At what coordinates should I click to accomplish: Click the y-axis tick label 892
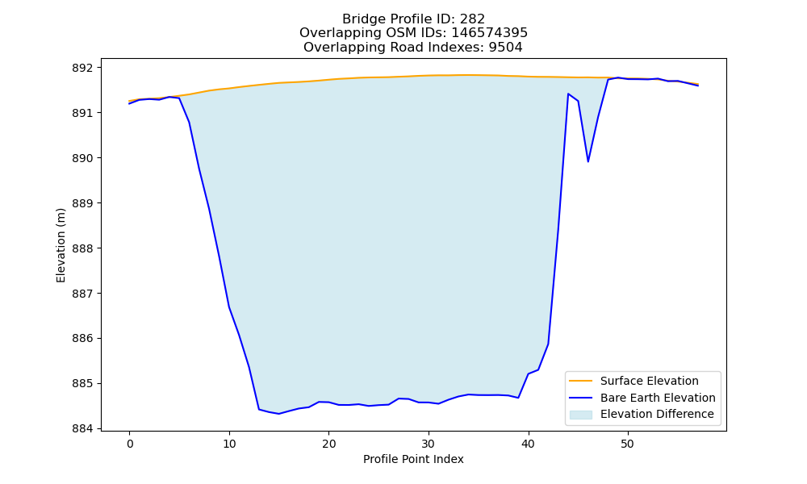point(82,68)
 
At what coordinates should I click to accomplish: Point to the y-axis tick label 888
point(82,248)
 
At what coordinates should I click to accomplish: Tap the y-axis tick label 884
point(82,429)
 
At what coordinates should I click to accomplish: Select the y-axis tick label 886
point(82,339)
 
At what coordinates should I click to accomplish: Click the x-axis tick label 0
point(130,444)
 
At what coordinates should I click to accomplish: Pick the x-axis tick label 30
point(429,444)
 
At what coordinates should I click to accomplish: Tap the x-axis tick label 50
point(627,444)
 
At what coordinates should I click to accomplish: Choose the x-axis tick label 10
point(229,444)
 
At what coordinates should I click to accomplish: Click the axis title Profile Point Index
point(413,459)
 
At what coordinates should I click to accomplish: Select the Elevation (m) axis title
point(61,245)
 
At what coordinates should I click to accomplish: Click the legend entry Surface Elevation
point(650,381)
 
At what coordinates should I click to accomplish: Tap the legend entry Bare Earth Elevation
point(658,398)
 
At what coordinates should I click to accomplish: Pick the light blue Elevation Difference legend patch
point(580,415)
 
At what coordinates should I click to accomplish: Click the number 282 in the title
point(472,19)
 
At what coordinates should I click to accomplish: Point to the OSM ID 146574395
point(490,33)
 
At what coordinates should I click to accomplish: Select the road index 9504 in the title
point(505,48)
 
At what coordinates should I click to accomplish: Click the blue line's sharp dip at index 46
point(587,161)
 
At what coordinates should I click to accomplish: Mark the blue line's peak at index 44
point(567,94)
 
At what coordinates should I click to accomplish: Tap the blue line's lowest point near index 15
point(279,414)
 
